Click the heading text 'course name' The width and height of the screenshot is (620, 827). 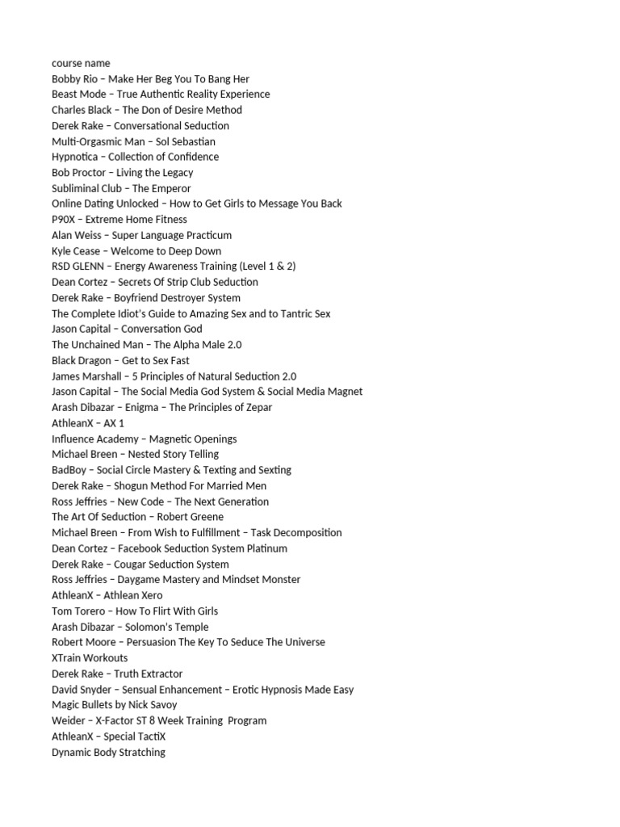tap(81, 63)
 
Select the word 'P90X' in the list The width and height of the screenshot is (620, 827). tap(64, 220)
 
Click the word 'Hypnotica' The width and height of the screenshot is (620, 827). tap(74, 157)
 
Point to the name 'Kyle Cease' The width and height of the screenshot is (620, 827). tap(75, 251)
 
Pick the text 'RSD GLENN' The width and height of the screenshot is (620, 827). tap(77, 267)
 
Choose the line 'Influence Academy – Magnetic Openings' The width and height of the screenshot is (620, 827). tap(144, 439)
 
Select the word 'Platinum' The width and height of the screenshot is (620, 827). tap(266, 548)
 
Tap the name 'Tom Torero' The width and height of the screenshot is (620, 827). tap(77, 611)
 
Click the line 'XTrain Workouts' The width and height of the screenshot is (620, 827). tap(90, 658)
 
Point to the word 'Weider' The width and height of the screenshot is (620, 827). tap(67, 720)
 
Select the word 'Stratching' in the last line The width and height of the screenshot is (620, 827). tap(140, 752)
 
